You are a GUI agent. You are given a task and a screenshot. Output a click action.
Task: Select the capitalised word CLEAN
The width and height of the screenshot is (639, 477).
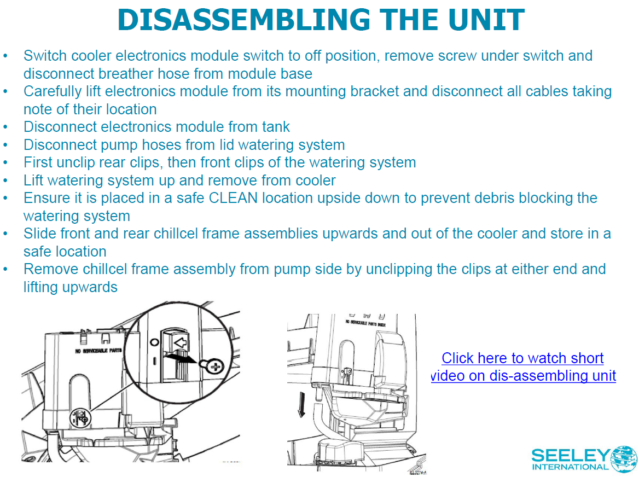[233, 198]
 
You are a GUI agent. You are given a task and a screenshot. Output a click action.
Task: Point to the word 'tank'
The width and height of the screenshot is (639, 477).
[276, 127]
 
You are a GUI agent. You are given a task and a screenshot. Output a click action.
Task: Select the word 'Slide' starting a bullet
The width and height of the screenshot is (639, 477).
[40, 234]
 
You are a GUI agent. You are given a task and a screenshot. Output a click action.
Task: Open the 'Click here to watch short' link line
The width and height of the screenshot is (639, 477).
[522, 358]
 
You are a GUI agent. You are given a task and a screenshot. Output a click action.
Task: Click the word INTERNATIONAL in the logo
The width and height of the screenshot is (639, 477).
[570, 467]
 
